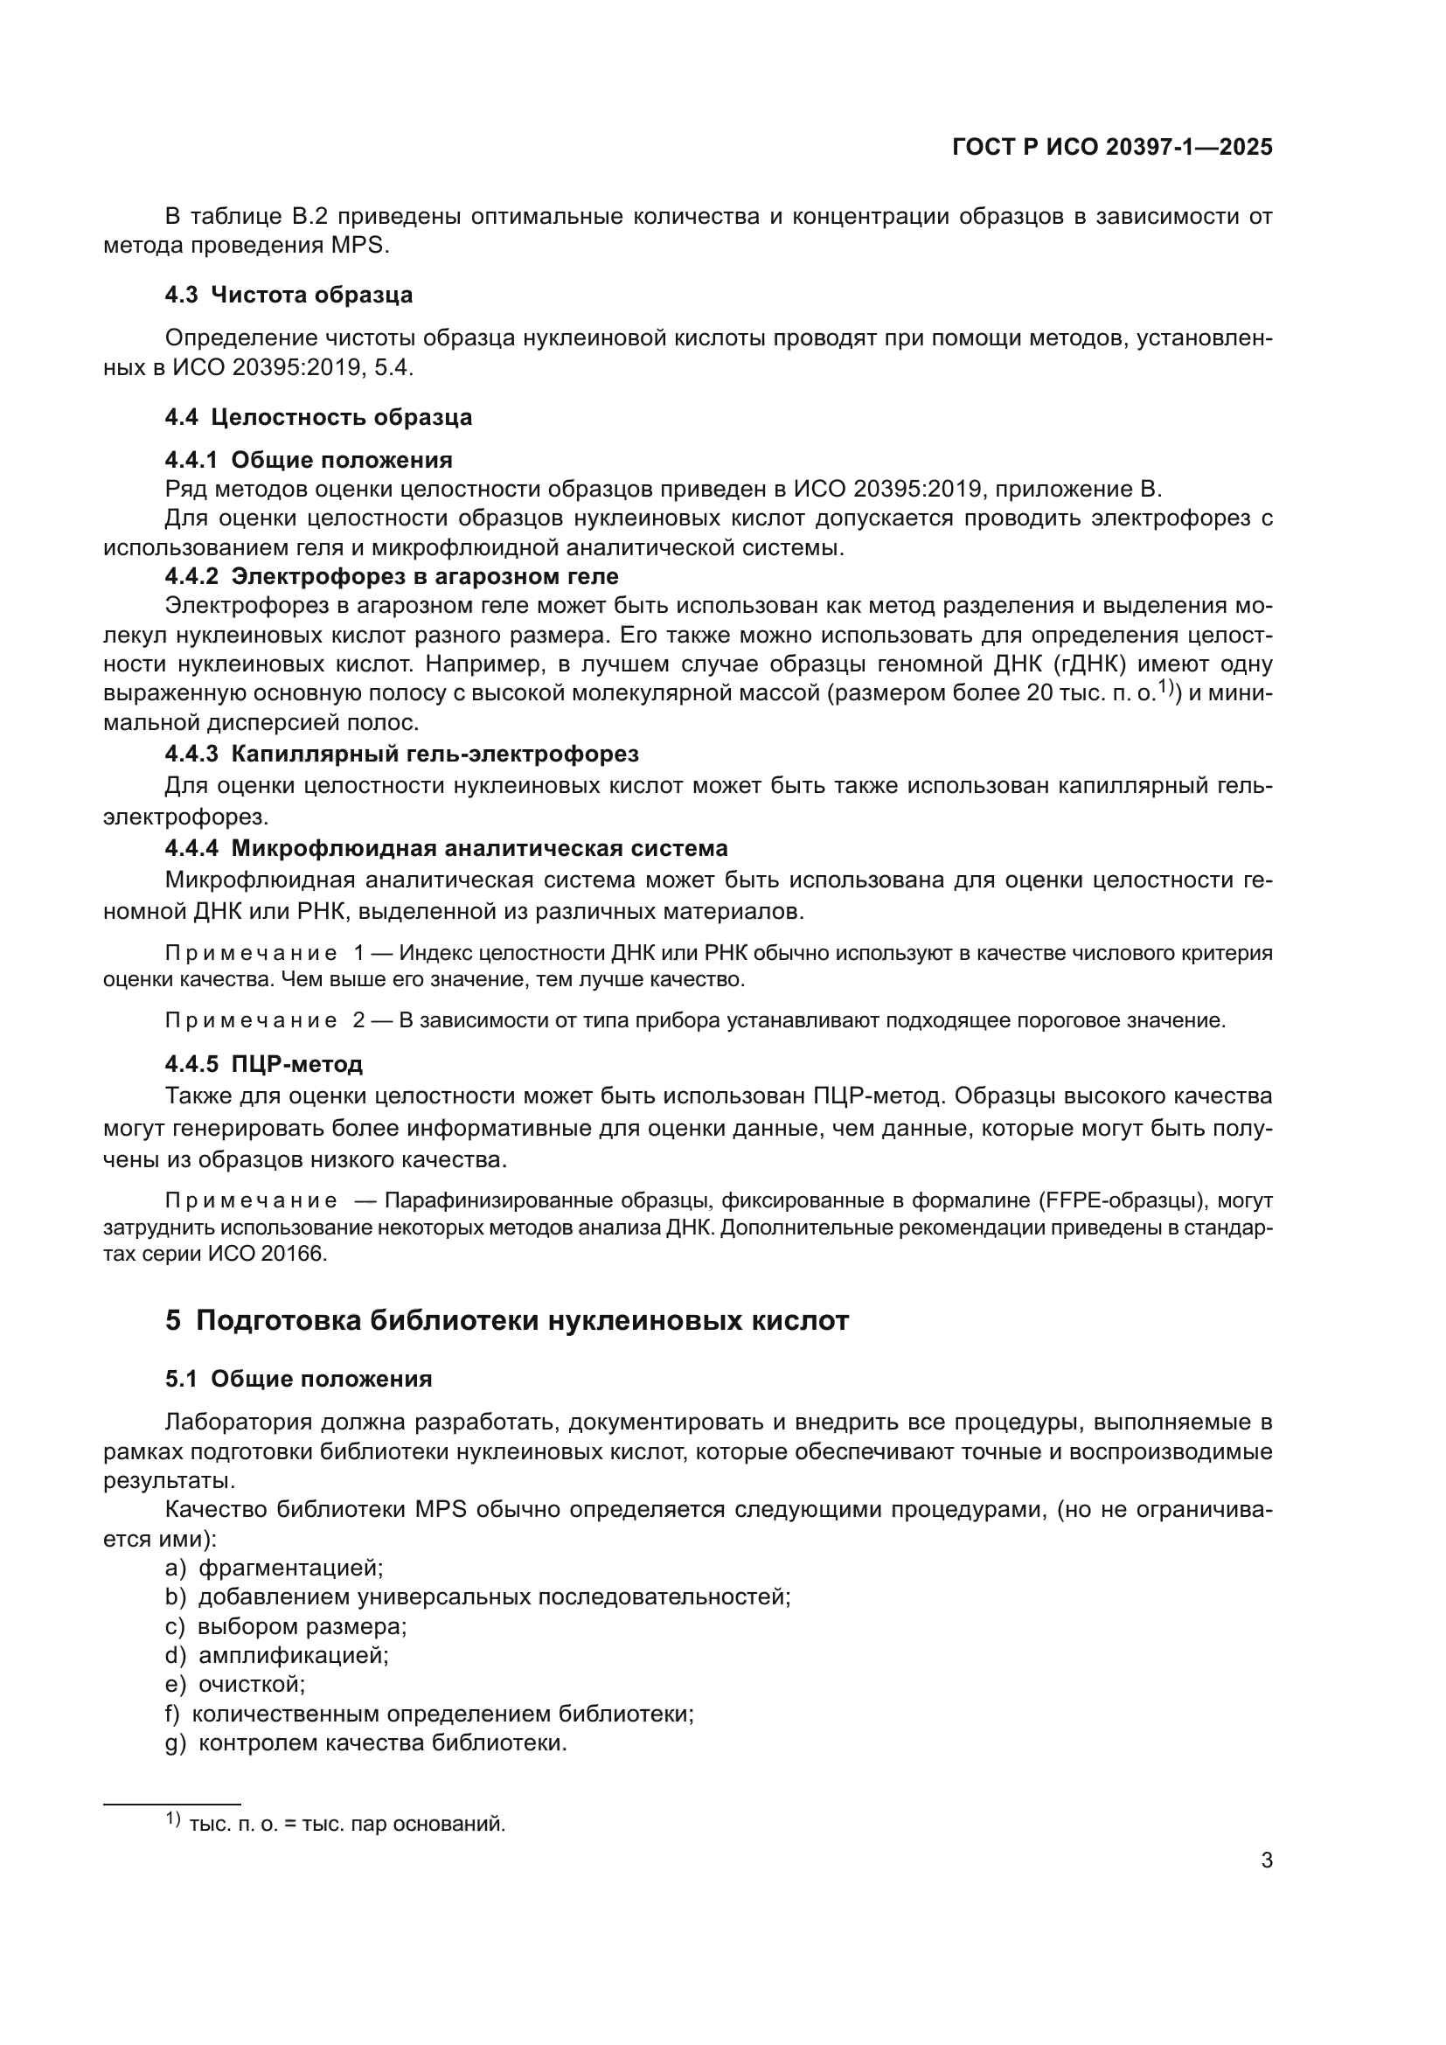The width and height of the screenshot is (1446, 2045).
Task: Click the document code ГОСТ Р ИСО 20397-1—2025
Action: point(1112,147)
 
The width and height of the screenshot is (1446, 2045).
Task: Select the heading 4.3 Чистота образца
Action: point(289,295)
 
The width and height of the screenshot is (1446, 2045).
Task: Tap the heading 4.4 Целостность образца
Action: point(318,417)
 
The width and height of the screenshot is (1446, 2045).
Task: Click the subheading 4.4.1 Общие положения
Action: point(308,460)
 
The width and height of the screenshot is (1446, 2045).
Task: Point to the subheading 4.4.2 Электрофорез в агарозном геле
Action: point(391,576)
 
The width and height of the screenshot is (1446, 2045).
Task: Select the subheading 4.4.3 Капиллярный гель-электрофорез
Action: point(401,754)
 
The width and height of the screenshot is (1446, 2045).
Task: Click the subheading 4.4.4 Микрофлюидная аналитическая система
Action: point(446,847)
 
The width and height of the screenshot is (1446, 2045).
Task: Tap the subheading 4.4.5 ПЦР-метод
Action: point(263,1063)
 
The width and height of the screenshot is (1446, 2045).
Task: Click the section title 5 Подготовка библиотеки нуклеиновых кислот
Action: point(507,1320)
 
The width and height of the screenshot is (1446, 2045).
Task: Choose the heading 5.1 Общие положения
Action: point(298,1379)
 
